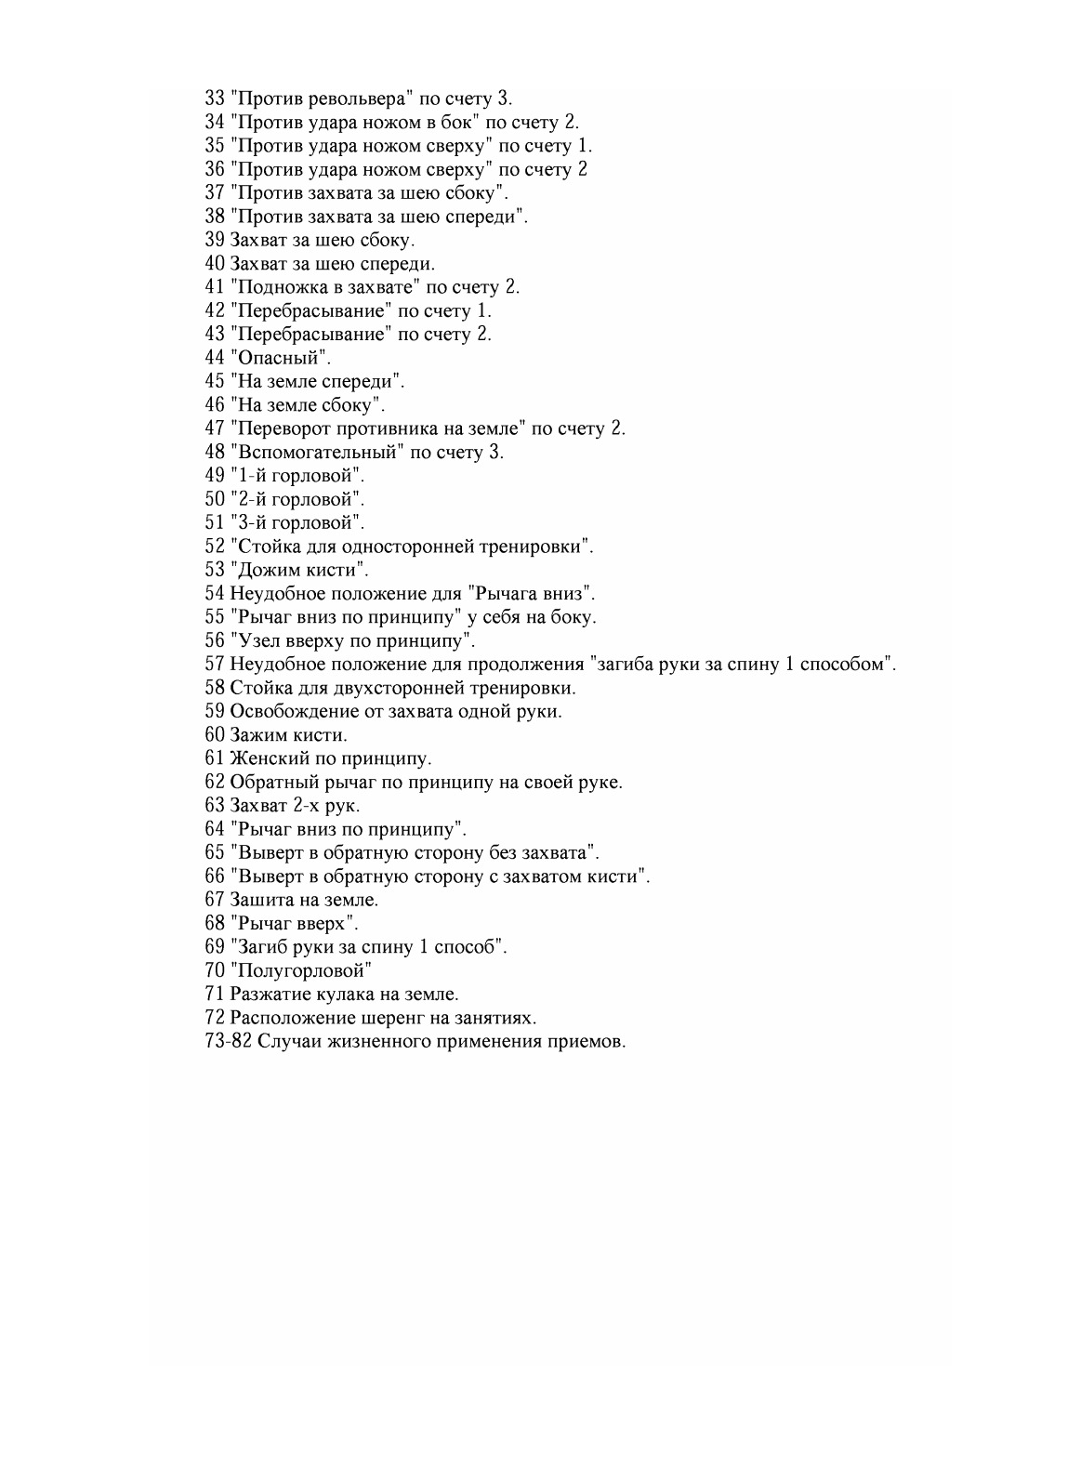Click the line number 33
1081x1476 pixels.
coord(214,99)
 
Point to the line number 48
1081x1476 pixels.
coord(214,453)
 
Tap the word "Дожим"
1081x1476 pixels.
coord(266,570)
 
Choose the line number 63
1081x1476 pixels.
coord(214,806)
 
